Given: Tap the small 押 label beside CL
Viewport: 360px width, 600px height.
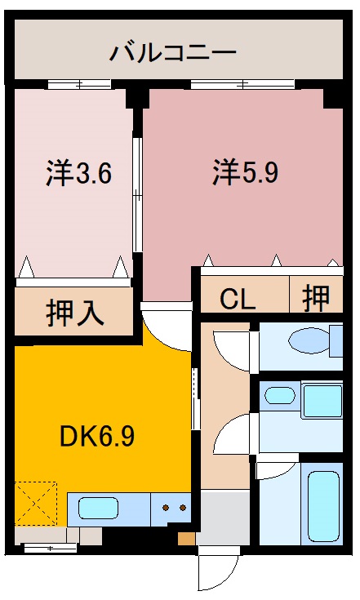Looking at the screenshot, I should [x=317, y=299].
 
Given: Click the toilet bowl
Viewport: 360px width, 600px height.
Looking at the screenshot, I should [x=311, y=340].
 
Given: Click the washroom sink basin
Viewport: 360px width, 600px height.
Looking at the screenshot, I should [x=281, y=396].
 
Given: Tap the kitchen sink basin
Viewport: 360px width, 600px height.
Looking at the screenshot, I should [x=102, y=509].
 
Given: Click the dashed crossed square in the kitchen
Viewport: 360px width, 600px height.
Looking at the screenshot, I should [x=36, y=503].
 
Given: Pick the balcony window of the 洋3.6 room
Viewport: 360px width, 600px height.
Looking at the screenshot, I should [x=78, y=84].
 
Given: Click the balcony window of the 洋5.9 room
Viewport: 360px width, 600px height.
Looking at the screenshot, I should [x=242, y=84].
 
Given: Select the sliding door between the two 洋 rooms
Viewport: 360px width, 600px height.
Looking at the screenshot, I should [x=138, y=196].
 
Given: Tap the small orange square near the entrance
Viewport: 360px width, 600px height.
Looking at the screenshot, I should [x=187, y=538].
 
